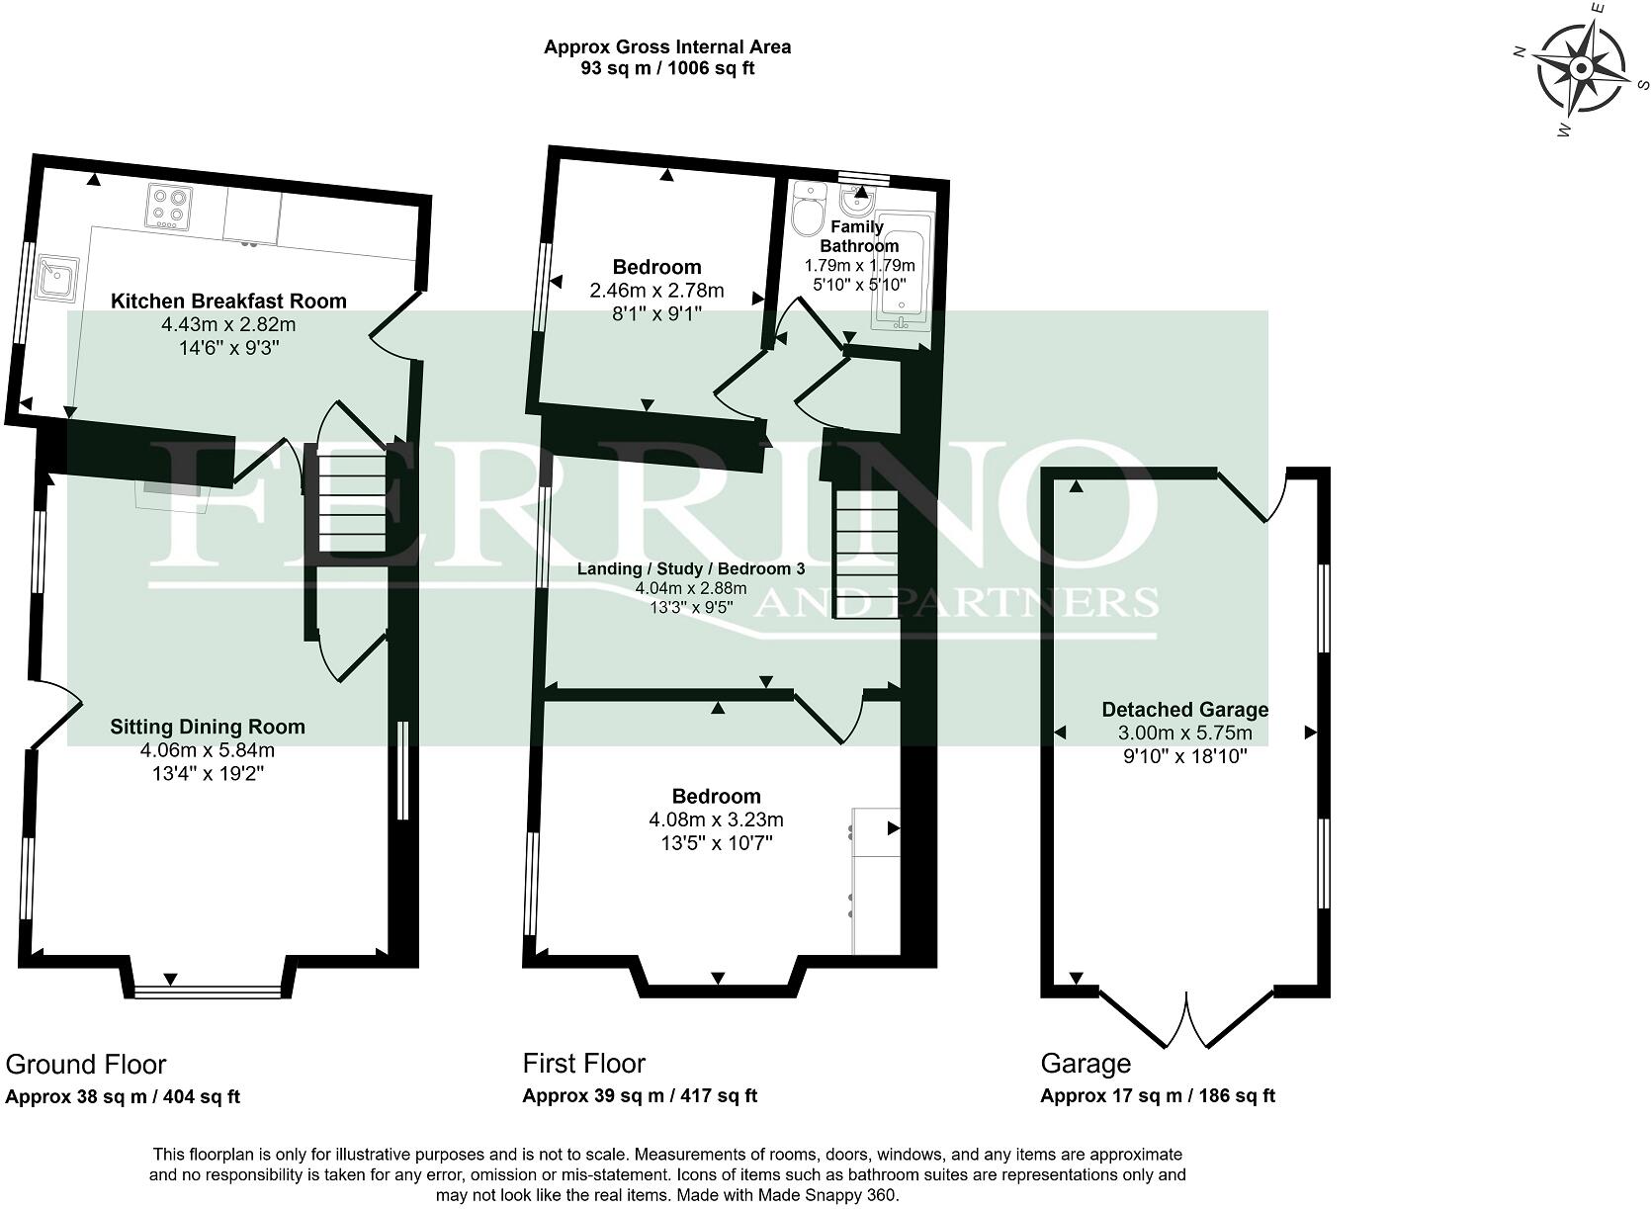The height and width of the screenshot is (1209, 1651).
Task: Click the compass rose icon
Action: tap(1580, 69)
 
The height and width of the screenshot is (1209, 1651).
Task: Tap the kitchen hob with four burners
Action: tap(168, 207)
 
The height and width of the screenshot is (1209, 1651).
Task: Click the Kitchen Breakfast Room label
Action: tap(228, 301)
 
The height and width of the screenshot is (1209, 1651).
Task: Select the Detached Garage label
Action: tap(1184, 709)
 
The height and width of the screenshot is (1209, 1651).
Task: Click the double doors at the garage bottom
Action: tap(1186, 1018)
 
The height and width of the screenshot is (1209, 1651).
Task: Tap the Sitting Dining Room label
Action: tap(208, 727)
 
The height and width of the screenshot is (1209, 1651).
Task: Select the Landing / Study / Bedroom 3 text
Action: tap(691, 568)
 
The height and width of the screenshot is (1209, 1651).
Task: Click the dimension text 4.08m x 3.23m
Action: tap(716, 820)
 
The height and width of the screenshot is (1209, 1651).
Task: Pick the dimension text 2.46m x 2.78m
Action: tap(656, 291)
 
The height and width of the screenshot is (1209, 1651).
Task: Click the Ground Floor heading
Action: tap(86, 1064)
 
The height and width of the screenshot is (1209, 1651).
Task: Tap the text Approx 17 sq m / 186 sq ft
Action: tap(1158, 1095)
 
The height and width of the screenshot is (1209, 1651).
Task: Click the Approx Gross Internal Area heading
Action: tap(667, 46)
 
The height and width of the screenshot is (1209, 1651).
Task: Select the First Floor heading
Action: tap(583, 1063)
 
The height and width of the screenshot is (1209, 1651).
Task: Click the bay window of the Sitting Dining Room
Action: tap(208, 991)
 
